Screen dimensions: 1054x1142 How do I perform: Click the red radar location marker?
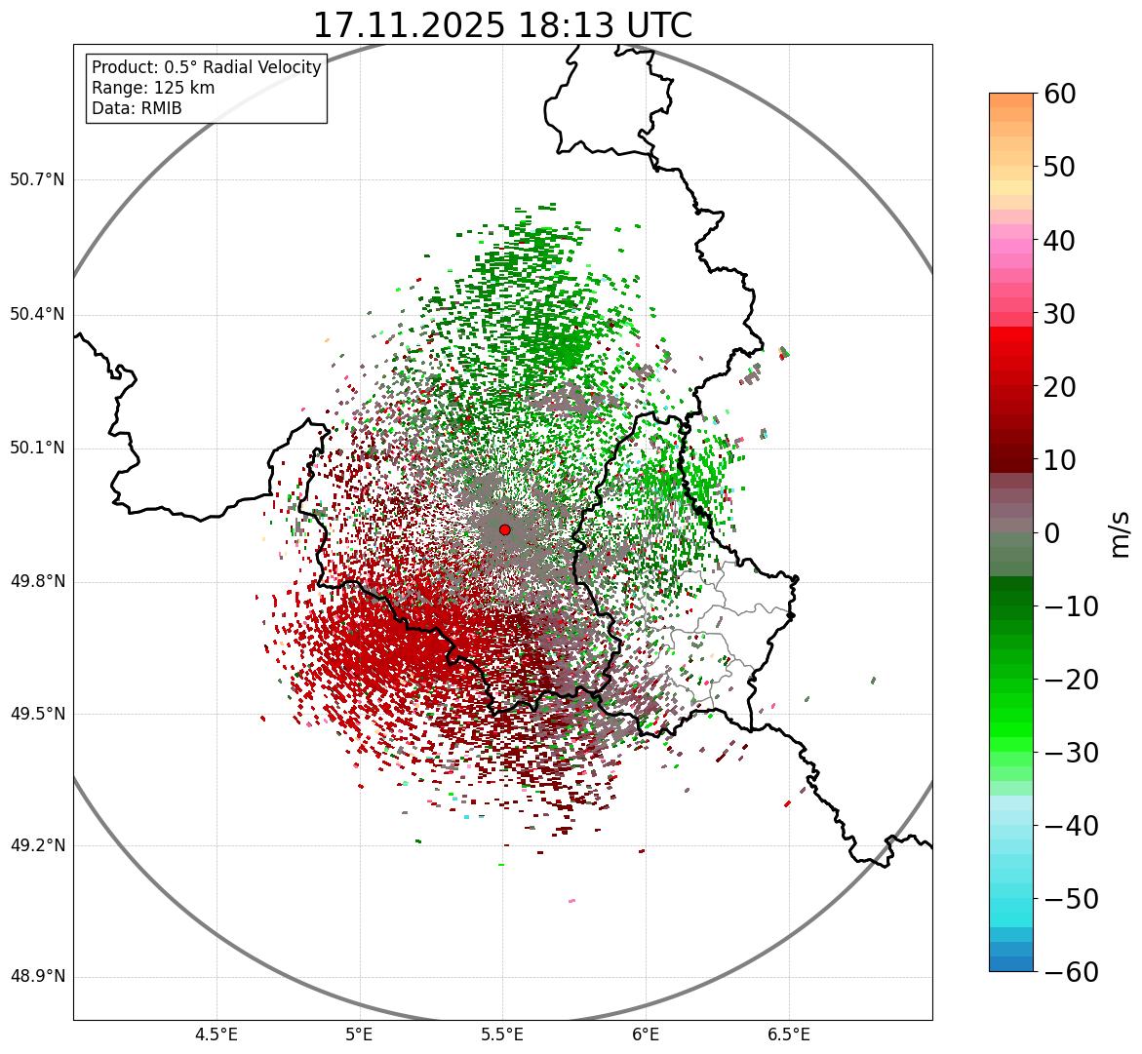pos(504,529)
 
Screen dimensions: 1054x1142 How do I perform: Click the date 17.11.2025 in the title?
pos(409,25)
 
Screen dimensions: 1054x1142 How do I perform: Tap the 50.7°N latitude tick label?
pos(37,180)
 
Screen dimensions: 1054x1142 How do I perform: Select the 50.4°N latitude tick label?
pos(37,315)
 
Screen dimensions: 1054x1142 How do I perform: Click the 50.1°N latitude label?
pos(37,449)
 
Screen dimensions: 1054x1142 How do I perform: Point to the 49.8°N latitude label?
pos(37,582)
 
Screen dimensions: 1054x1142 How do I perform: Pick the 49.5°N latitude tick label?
pos(37,715)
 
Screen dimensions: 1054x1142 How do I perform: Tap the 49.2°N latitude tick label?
pos(37,845)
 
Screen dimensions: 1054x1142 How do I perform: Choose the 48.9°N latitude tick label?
pos(37,977)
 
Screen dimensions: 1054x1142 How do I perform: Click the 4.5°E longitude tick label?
pos(217,1034)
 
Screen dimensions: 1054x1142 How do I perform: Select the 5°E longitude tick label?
pos(360,1034)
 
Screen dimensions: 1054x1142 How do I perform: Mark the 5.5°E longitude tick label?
pos(502,1034)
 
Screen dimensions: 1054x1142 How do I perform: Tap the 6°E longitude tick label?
pos(646,1034)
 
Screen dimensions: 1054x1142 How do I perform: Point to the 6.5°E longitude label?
pos(788,1034)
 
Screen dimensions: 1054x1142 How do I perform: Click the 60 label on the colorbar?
pos(1059,94)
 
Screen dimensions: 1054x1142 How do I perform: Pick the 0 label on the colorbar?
pos(1052,533)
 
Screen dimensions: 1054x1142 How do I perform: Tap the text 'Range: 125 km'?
pos(153,88)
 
